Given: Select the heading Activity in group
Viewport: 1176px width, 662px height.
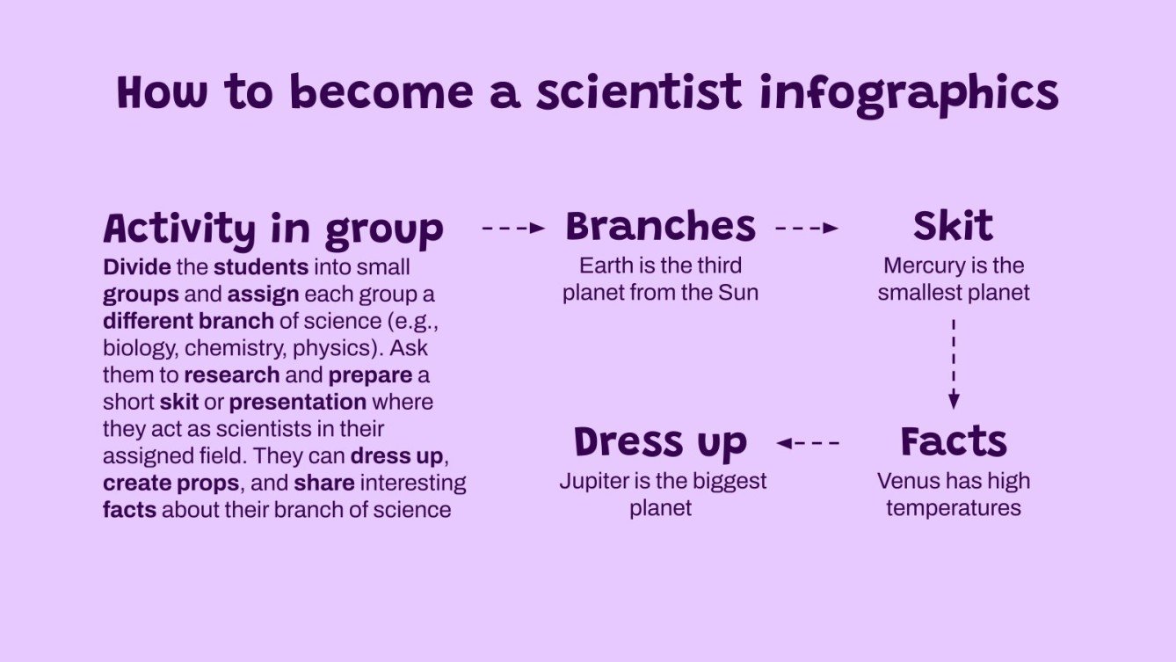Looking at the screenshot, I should click(x=273, y=229).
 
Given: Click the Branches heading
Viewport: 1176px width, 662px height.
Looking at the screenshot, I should click(x=660, y=227).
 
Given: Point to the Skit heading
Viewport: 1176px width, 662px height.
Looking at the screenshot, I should click(x=953, y=227).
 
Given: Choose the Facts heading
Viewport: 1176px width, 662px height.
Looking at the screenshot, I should click(x=954, y=442).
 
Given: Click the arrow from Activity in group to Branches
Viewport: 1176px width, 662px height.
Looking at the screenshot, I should click(x=514, y=229).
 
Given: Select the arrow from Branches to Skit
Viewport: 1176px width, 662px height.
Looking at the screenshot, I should click(x=807, y=229).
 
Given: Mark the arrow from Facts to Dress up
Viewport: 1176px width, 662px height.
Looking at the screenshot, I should click(x=808, y=443).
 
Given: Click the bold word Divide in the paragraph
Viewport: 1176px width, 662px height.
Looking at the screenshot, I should click(x=129, y=266).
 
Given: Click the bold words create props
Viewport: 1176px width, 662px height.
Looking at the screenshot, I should click(x=171, y=483).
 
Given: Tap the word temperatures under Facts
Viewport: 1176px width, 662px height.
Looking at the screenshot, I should click(x=954, y=508).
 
